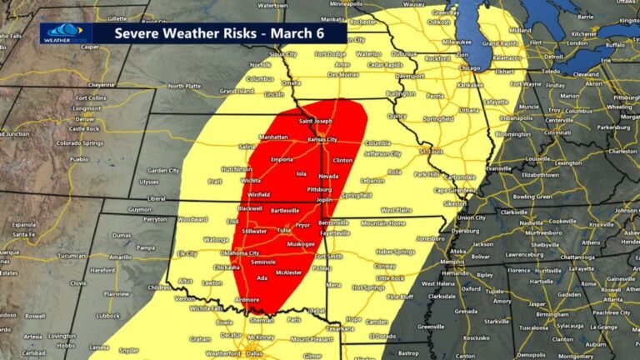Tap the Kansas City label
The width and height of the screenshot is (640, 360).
point(322,139)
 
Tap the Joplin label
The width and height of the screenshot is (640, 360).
point(324,200)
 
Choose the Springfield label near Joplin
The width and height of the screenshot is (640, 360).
point(357,195)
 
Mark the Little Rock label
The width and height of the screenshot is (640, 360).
point(389,277)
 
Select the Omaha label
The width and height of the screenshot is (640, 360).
point(291,82)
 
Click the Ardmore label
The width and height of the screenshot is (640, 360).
point(247,299)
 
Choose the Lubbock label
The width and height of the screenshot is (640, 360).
point(107,316)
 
